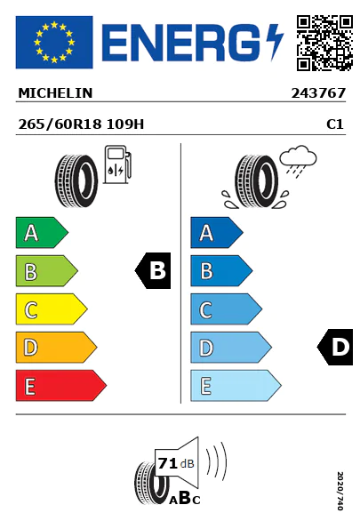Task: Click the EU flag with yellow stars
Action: click(x=54, y=42)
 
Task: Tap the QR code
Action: click(x=324, y=43)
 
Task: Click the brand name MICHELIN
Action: click(x=55, y=93)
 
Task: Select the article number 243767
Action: click(x=318, y=93)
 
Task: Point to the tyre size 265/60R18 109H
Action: click(x=81, y=124)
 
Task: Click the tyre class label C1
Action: click(x=335, y=124)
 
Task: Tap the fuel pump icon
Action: click(x=117, y=164)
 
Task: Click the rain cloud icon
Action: click(x=298, y=161)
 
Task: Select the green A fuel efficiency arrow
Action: click(x=42, y=232)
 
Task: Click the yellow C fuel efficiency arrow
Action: click(x=52, y=309)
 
